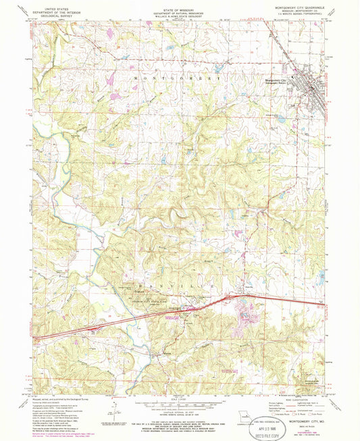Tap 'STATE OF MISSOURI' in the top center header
coord(178,5)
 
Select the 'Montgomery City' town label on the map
coord(275,80)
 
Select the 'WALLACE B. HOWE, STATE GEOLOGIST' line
coord(178,16)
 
